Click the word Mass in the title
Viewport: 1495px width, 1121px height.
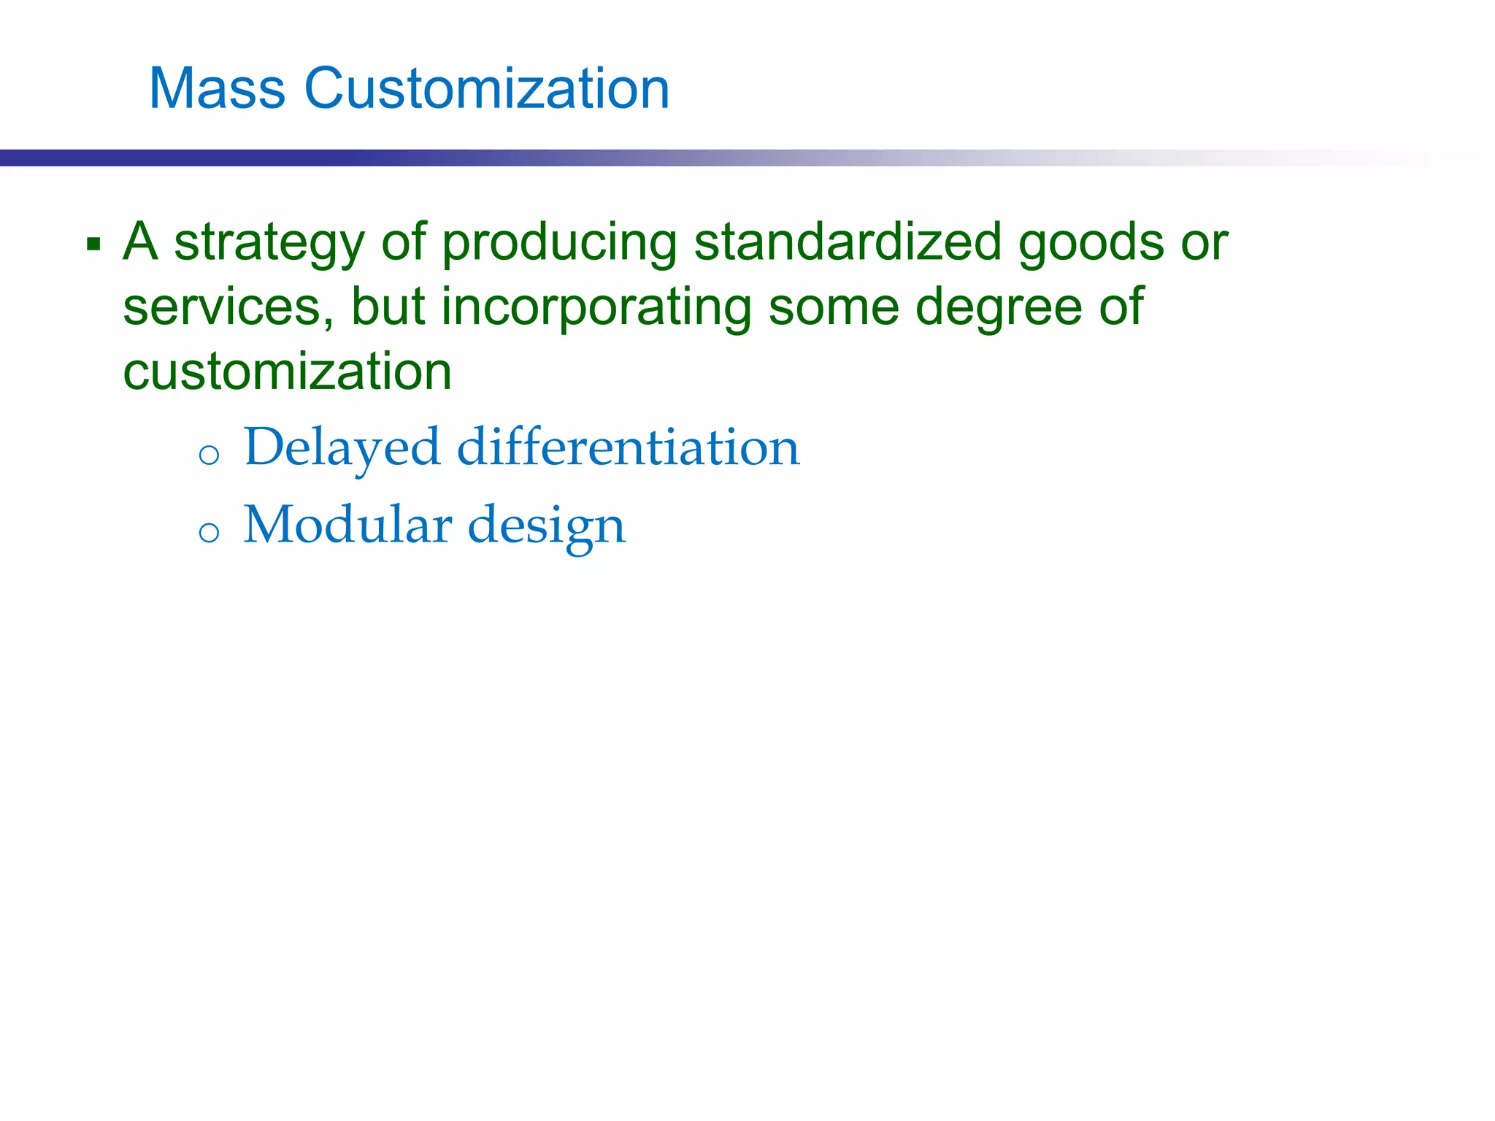(217, 89)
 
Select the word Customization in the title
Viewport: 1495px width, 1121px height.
(486, 89)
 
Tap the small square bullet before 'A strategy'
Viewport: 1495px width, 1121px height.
(93, 244)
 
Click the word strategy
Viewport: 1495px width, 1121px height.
(269, 244)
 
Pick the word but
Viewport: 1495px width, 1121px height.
(388, 306)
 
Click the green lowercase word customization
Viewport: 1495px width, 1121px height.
(287, 371)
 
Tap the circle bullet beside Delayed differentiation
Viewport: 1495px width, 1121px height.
(209, 455)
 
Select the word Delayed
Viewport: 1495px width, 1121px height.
(342, 447)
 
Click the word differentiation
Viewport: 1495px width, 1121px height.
(628, 446)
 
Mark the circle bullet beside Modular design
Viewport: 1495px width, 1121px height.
(209, 532)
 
